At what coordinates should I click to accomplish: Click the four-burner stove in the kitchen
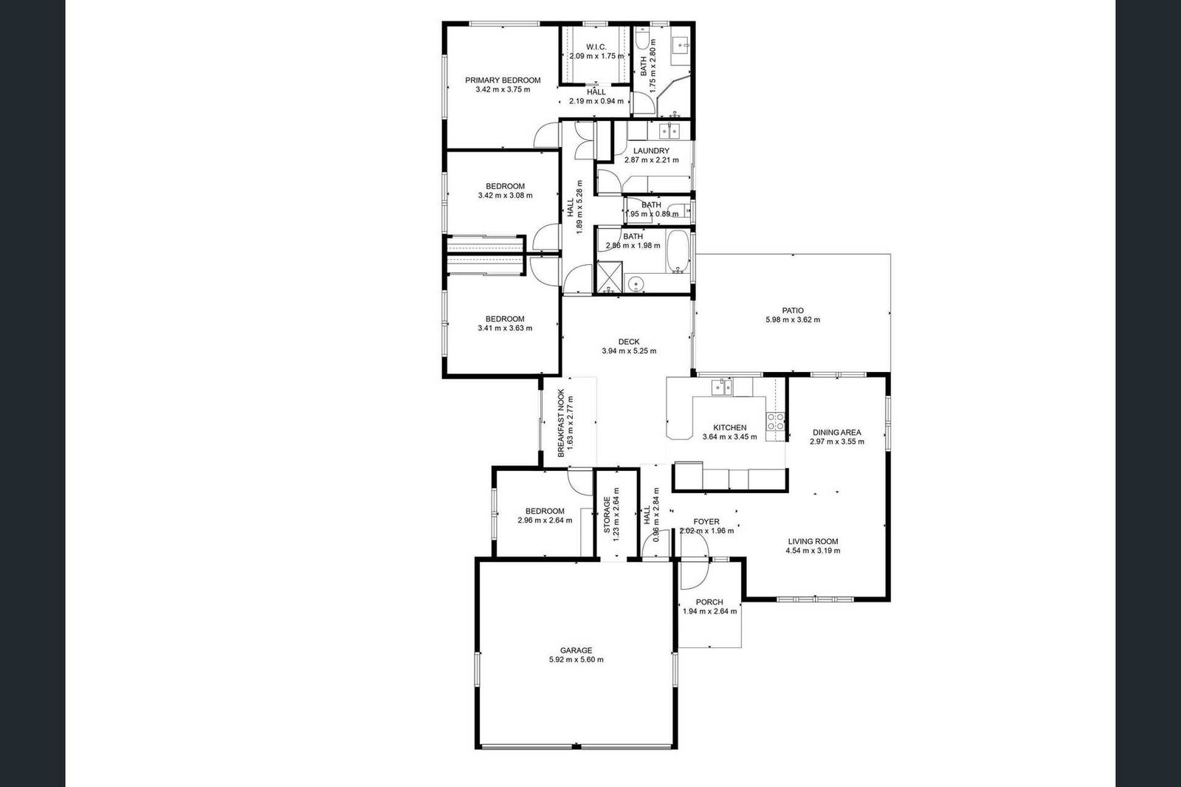click(775, 422)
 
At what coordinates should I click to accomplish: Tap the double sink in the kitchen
click(722, 388)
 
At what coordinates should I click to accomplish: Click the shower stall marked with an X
click(609, 278)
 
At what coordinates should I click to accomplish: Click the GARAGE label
click(576, 650)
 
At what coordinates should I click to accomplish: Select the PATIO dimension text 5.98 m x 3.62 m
click(793, 320)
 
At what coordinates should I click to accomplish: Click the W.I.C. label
click(596, 47)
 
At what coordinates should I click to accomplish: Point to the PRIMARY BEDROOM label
click(503, 80)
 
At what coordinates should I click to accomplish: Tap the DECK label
click(628, 342)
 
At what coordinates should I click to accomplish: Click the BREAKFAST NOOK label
click(561, 423)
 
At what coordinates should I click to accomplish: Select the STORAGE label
click(607, 515)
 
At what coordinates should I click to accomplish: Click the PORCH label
click(709, 602)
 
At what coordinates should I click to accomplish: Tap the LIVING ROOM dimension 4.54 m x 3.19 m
click(813, 551)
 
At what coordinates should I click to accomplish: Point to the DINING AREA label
click(837, 433)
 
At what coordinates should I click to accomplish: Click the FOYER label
click(706, 522)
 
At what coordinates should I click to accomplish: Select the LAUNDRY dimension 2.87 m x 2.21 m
click(651, 159)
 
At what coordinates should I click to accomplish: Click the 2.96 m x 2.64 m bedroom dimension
click(545, 520)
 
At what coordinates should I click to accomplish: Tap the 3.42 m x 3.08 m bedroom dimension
click(505, 195)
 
